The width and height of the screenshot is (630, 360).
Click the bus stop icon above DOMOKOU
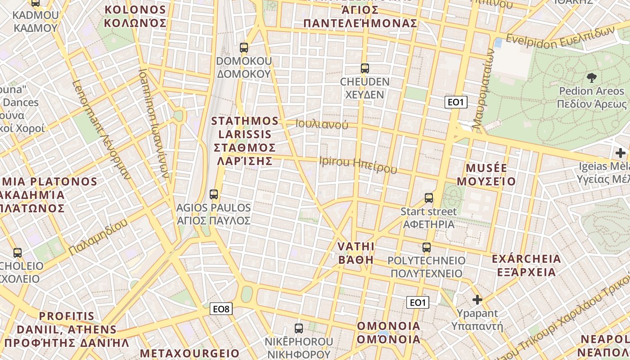tap(244, 47)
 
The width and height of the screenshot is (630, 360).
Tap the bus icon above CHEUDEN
tap(364, 68)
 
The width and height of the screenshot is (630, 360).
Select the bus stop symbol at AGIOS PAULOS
tap(214, 194)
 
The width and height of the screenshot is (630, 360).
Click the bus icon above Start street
tap(429, 198)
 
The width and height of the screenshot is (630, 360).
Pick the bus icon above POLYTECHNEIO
tap(426, 247)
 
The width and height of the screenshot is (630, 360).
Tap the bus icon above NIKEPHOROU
tap(298, 328)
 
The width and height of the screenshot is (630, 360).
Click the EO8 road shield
tap(221, 309)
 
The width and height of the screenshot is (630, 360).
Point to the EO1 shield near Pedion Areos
tap(456, 102)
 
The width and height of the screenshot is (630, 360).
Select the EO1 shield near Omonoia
tap(418, 302)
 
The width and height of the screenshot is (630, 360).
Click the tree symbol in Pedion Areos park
tap(591, 77)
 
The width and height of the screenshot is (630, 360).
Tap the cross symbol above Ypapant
tap(477, 299)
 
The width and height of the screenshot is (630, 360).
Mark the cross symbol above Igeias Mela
tap(621, 153)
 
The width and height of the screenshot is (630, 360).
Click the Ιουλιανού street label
tap(322, 124)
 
